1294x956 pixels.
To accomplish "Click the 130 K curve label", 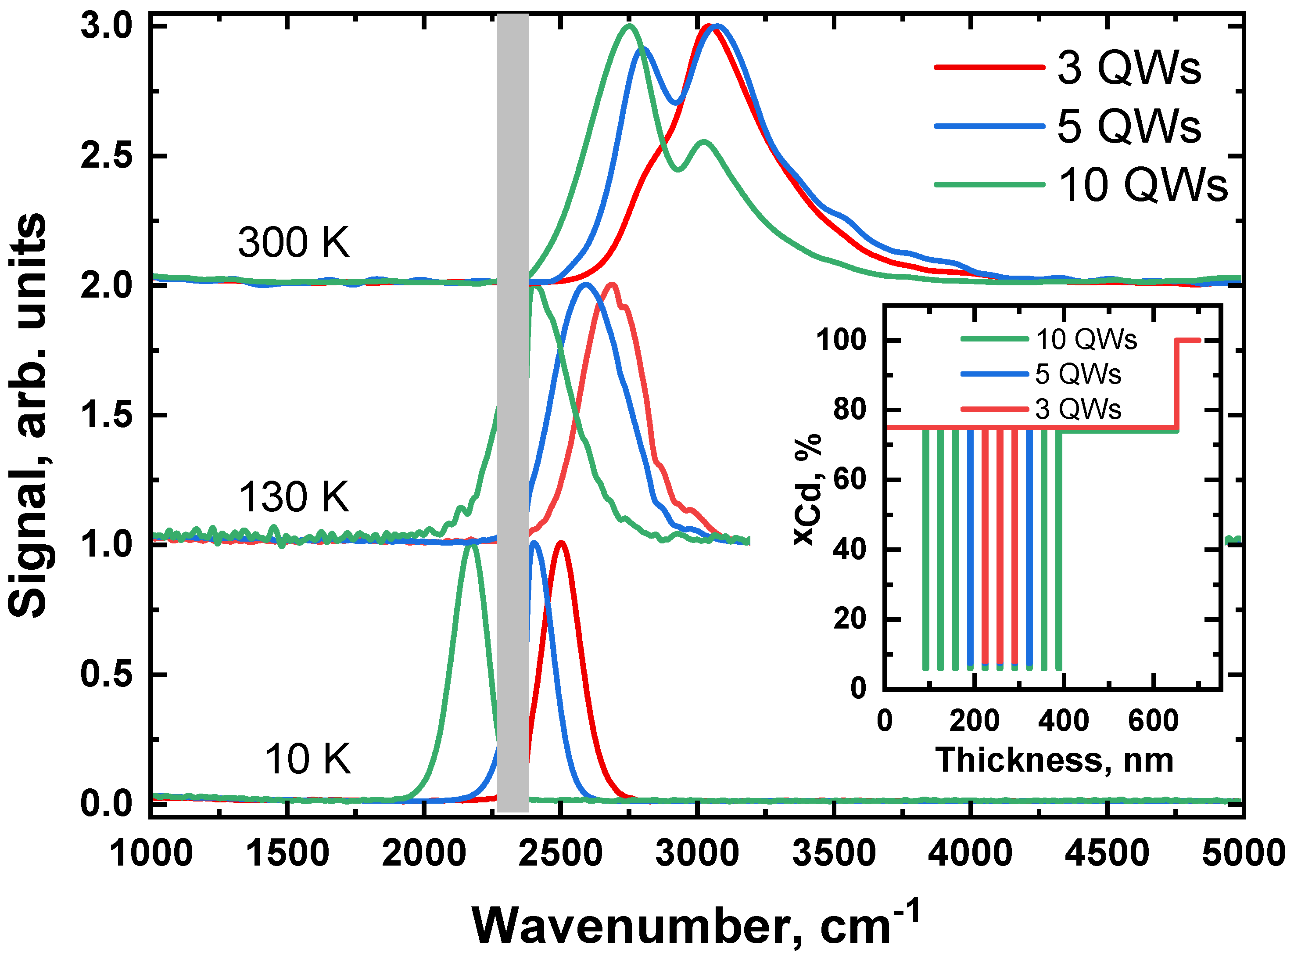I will click(x=294, y=497).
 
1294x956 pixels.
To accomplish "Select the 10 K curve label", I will click(x=308, y=759).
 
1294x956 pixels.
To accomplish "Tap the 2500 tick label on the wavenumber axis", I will click(x=560, y=854).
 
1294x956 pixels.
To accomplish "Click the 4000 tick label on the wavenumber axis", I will click(x=970, y=854).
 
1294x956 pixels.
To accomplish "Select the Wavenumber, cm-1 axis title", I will click(x=694, y=924).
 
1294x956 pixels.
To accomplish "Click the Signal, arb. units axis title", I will click(x=28, y=416).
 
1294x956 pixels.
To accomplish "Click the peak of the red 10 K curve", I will click(x=560, y=543).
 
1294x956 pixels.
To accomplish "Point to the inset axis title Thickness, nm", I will click(x=1054, y=760).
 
